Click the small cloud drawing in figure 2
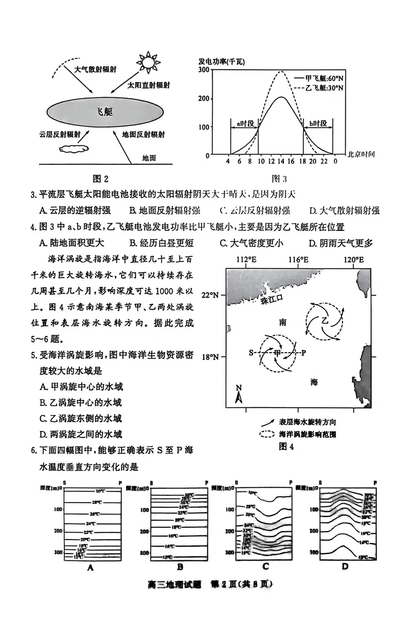(74, 149)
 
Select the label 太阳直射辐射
(149, 85)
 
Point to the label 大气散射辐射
(95, 69)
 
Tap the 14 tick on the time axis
(281, 161)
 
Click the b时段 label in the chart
(318, 123)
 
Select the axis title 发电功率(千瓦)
(222, 61)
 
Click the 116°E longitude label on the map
(299, 260)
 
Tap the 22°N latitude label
(210, 295)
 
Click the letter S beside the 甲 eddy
(251, 353)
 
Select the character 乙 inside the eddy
(325, 320)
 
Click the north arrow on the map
(239, 394)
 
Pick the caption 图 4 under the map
(286, 446)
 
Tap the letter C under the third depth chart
(266, 566)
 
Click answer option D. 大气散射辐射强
(344, 211)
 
